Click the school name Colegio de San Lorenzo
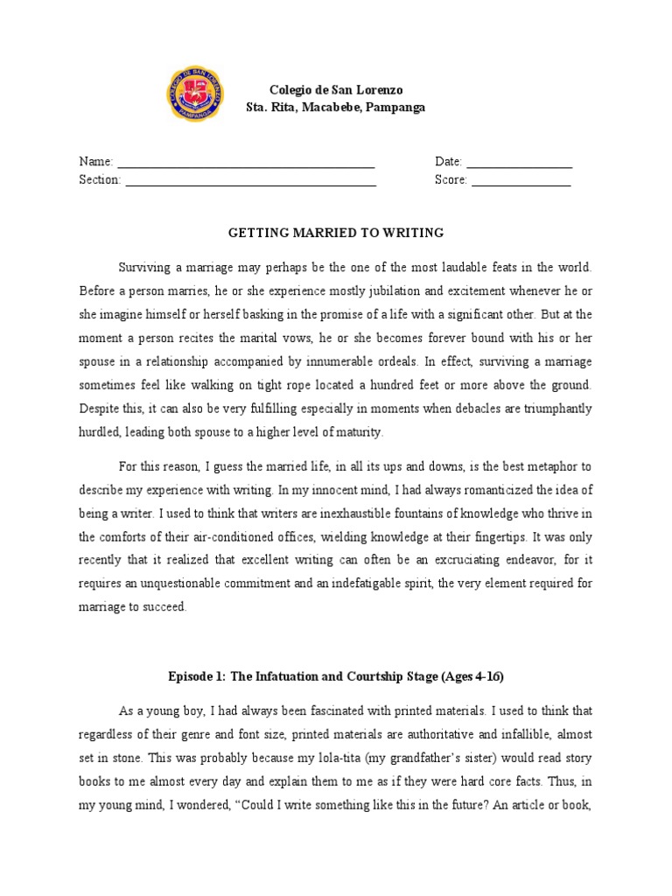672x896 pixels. pyautogui.click(x=336, y=91)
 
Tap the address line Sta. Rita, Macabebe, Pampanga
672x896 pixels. pyautogui.click(x=336, y=108)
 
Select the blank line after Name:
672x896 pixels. pyautogui.click(x=246, y=164)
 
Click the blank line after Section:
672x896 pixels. pyautogui.click(x=250, y=181)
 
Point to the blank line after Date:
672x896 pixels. pyautogui.click(x=520, y=164)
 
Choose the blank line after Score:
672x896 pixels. pyautogui.click(x=521, y=181)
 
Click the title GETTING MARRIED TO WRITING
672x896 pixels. pyautogui.click(x=336, y=233)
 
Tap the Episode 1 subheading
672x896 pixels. pyautogui.click(x=336, y=676)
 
